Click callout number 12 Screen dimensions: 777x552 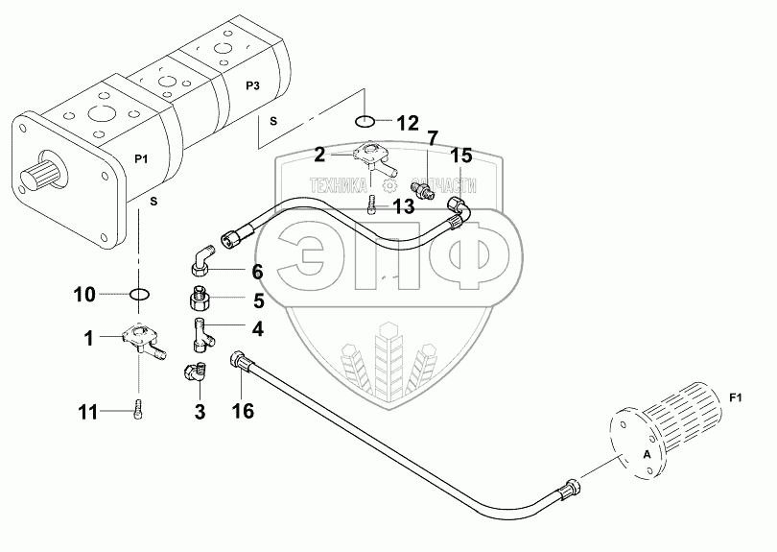tap(408, 122)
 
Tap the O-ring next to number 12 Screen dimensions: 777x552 tap(365, 122)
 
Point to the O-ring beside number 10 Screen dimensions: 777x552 tap(139, 293)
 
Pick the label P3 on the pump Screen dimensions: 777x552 tap(253, 86)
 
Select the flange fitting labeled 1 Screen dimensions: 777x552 tap(142, 342)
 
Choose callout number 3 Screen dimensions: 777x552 tap(200, 413)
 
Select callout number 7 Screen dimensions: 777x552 tap(433, 139)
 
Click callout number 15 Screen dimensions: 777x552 tap(461, 156)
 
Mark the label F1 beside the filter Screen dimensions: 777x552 tap(736, 397)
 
